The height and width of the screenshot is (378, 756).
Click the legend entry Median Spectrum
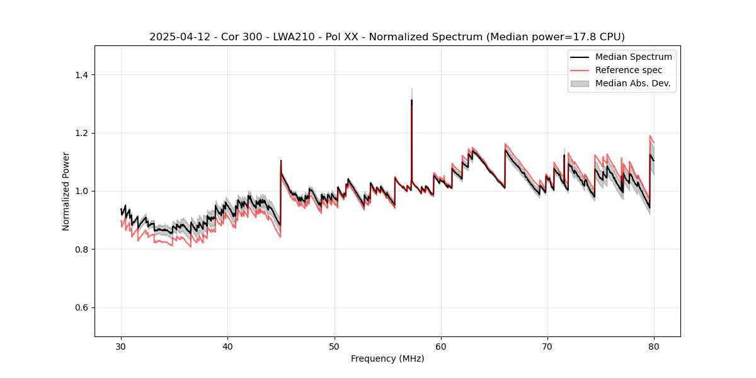tap(633, 57)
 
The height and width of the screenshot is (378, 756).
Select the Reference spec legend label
tap(628, 70)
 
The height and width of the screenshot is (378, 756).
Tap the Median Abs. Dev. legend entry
tap(633, 83)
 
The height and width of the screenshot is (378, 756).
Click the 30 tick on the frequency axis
tap(121, 346)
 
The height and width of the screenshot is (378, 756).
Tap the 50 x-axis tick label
tap(335, 346)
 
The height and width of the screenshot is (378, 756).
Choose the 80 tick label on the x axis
tap(654, 346)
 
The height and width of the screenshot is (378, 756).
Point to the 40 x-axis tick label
tap(227, 346)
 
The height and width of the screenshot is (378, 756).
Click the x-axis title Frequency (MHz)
tap(387, 358)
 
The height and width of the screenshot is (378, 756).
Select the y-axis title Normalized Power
tap(66, 191)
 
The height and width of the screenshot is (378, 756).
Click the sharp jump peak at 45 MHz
tap(281, 161)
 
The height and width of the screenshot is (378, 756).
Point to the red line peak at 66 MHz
tap(505, 144)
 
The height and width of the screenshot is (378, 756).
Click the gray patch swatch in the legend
tap(579, 83)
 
